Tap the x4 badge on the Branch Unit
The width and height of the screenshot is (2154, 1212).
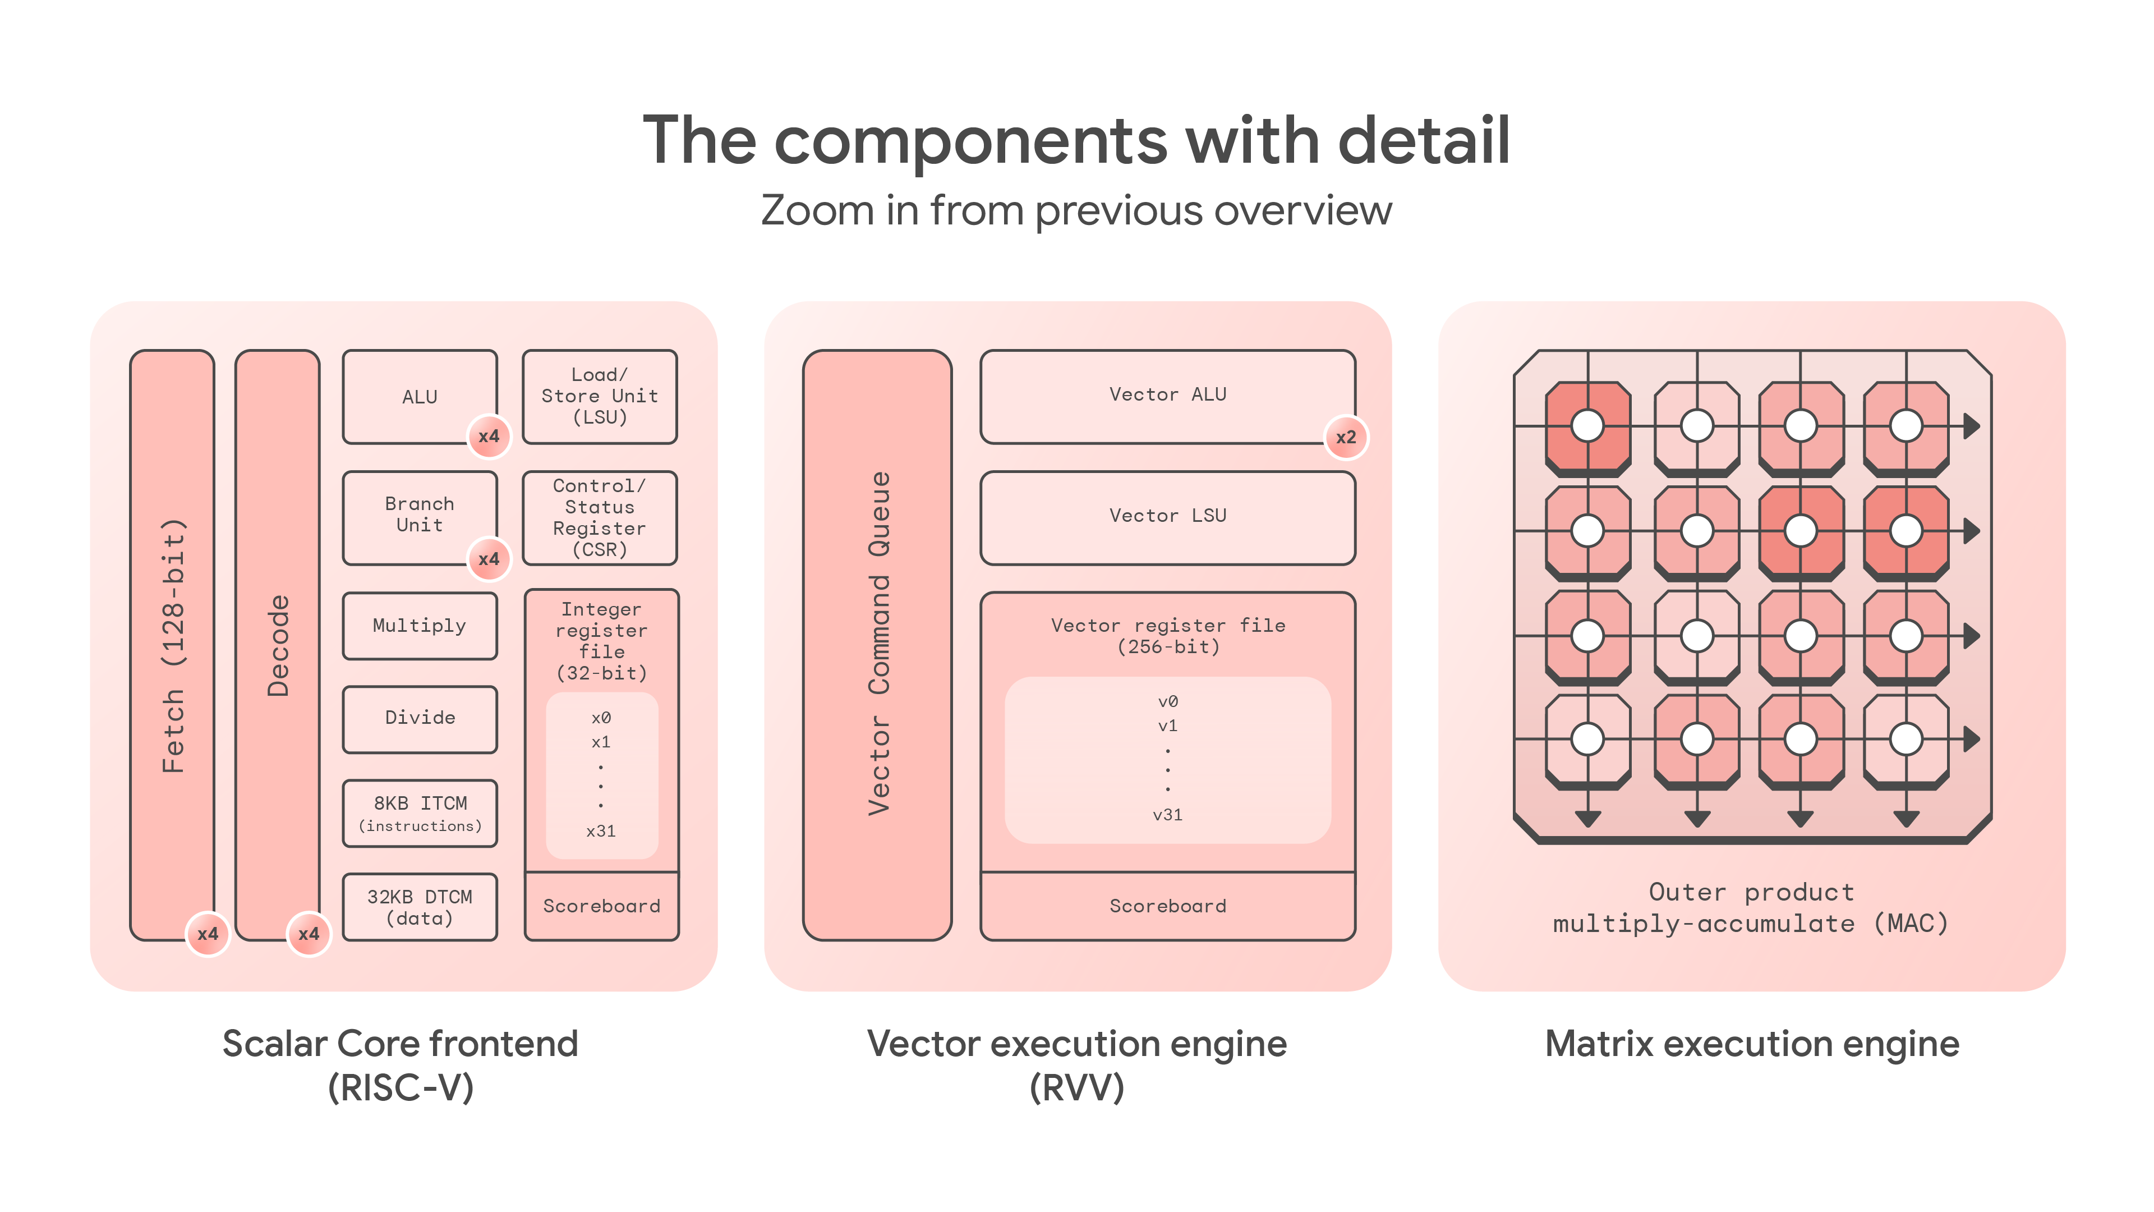point(489,559)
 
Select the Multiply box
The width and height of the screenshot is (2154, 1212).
point(419,626)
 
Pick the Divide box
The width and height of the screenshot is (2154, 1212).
point(419,718)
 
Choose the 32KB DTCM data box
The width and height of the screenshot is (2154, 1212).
point(419,907)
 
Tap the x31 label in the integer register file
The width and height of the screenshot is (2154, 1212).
point(600,830)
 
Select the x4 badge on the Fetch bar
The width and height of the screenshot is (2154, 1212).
point(208,934)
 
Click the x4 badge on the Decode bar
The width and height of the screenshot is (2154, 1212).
point(309,934)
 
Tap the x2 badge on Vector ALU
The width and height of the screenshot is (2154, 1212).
point(1346,437)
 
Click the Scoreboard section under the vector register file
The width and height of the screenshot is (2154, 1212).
point(1167,906)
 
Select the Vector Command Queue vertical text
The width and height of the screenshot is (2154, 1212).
point(878,644)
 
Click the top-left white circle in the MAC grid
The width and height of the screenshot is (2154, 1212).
point(1587,426)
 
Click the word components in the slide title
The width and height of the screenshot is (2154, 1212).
point(970,140)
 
